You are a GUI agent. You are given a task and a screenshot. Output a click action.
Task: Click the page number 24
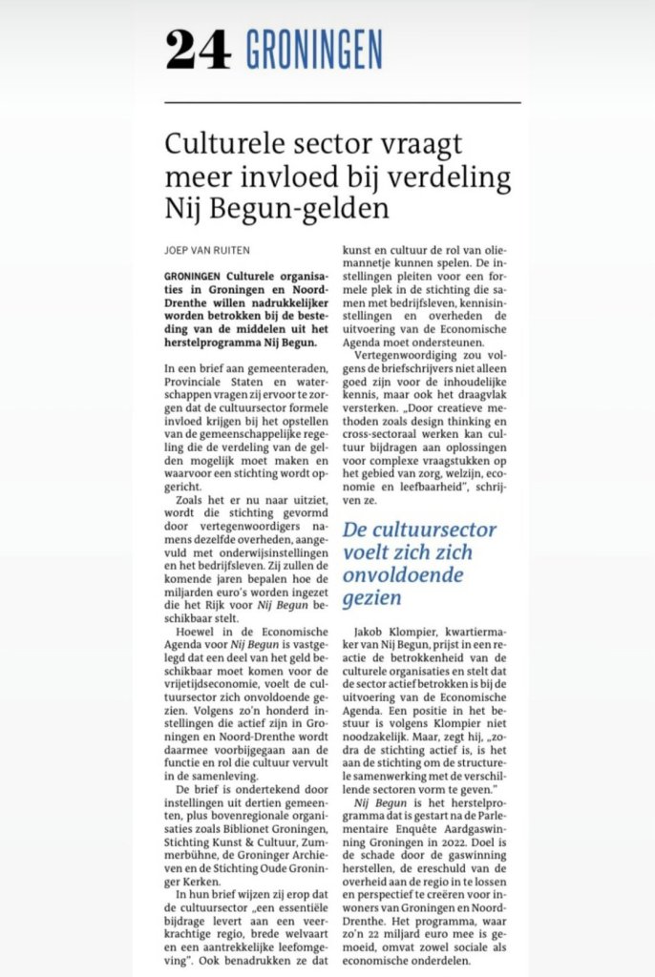pos(199,49)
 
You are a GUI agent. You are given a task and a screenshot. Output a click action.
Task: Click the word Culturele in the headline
pos(222,146)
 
